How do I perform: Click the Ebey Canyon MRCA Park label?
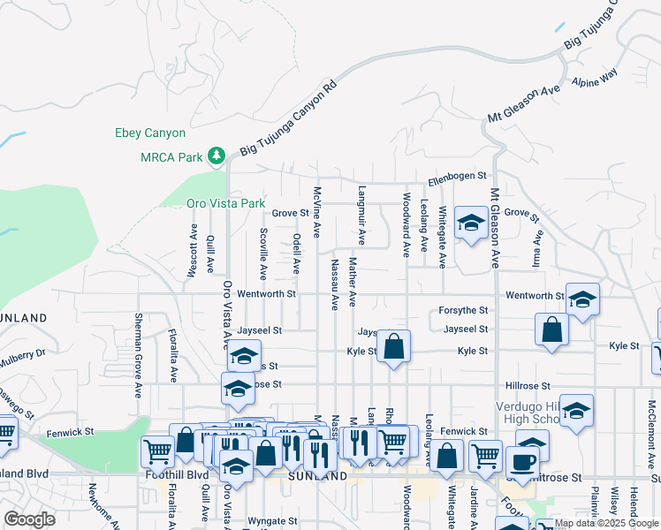(x=150, y=146)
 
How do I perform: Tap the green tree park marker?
(x=217, y=157)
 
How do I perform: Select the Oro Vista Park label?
(x=226, y=203)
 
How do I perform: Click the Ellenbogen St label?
(x=457, y=178)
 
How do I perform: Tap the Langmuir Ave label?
(x=361, y=215)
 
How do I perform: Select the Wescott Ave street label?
(x=192, y=250)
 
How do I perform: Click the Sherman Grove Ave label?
(x=139, y=353)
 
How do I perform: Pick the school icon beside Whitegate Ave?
(x=471, y=225)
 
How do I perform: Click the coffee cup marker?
(x=521, y=462)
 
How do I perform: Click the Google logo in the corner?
(x=29, y=519)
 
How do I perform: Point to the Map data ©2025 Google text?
(x=606, y=523)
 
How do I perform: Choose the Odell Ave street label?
(x=297, y=254)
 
